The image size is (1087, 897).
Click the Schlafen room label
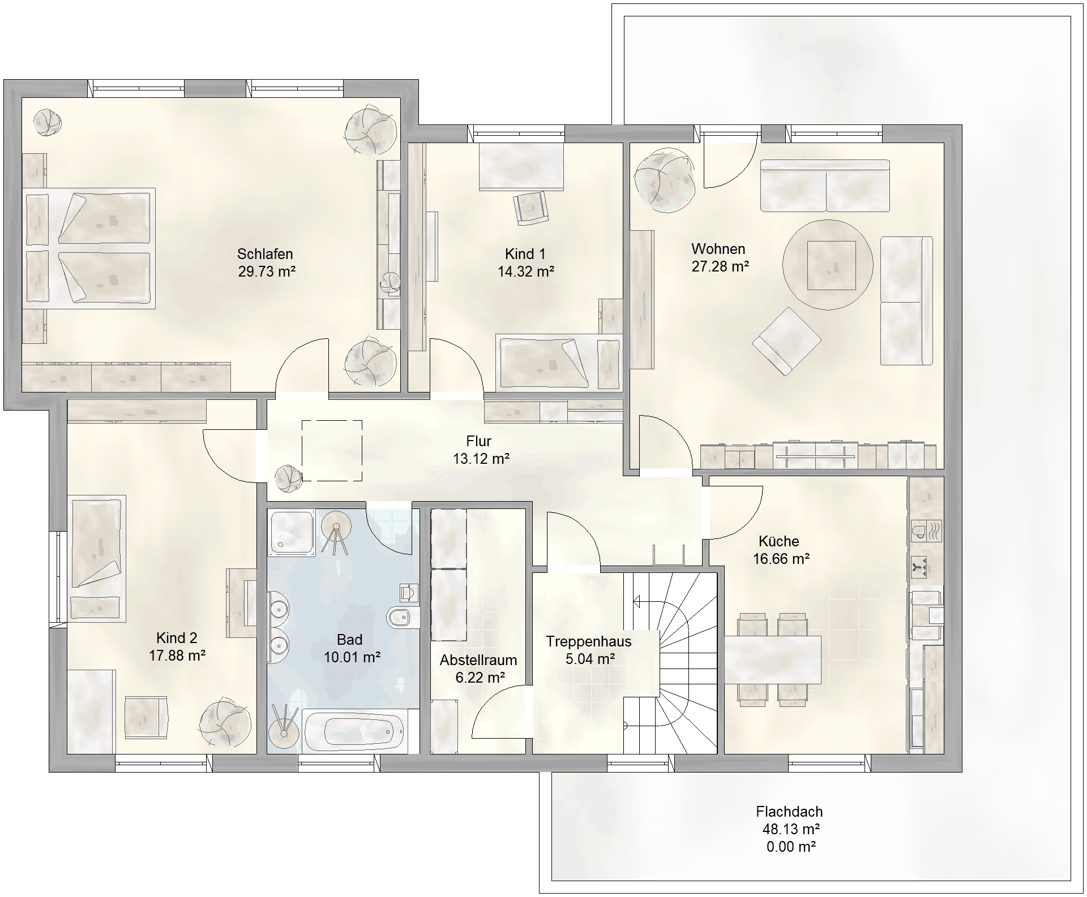click(265, 254)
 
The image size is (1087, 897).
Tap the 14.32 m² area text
click(526, 271)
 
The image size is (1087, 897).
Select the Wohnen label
click(718, 249)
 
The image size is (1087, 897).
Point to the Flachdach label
click(789, 812)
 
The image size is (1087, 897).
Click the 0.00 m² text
click(791, 847)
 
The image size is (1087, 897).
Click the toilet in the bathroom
click(403, 618)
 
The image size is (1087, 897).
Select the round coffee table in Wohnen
click(828, 265)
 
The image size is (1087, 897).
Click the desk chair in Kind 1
click(531, 208)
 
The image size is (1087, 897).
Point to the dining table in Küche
click(773, 660)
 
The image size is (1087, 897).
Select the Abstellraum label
click(478, 660)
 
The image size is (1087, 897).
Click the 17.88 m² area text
click(177, 655)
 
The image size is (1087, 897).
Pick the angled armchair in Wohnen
click(787, 341)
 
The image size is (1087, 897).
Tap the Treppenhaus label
click(589, 641)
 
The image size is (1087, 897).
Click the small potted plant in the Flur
click(288, 478)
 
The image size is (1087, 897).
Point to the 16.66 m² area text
click(781, 559)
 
